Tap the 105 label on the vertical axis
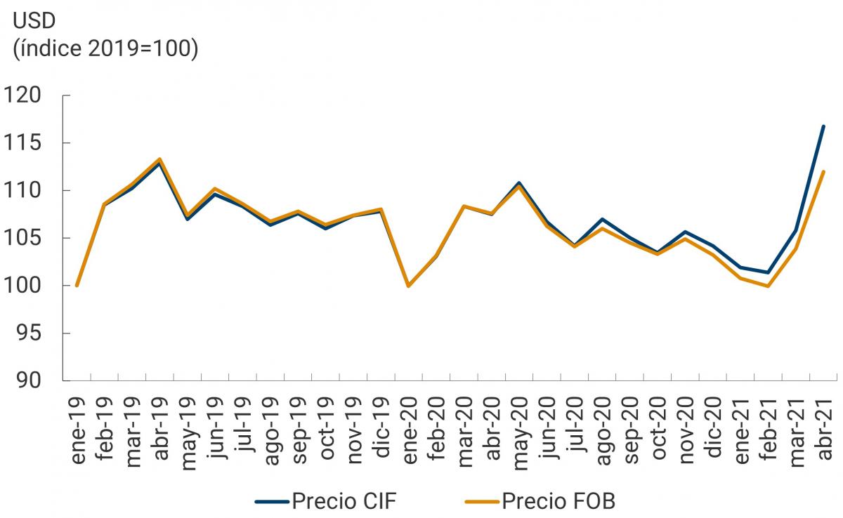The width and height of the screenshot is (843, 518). point(27,238)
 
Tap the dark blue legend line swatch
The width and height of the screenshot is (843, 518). point(271,502)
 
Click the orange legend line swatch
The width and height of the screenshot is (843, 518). point(482,502)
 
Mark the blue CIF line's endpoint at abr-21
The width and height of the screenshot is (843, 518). point(823,126)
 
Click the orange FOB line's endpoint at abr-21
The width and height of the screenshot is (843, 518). point(823,171)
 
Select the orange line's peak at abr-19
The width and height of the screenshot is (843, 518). point(160,159)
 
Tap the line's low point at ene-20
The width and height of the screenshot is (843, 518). point(408,286)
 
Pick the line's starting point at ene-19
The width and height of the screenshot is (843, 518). point(77,286)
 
